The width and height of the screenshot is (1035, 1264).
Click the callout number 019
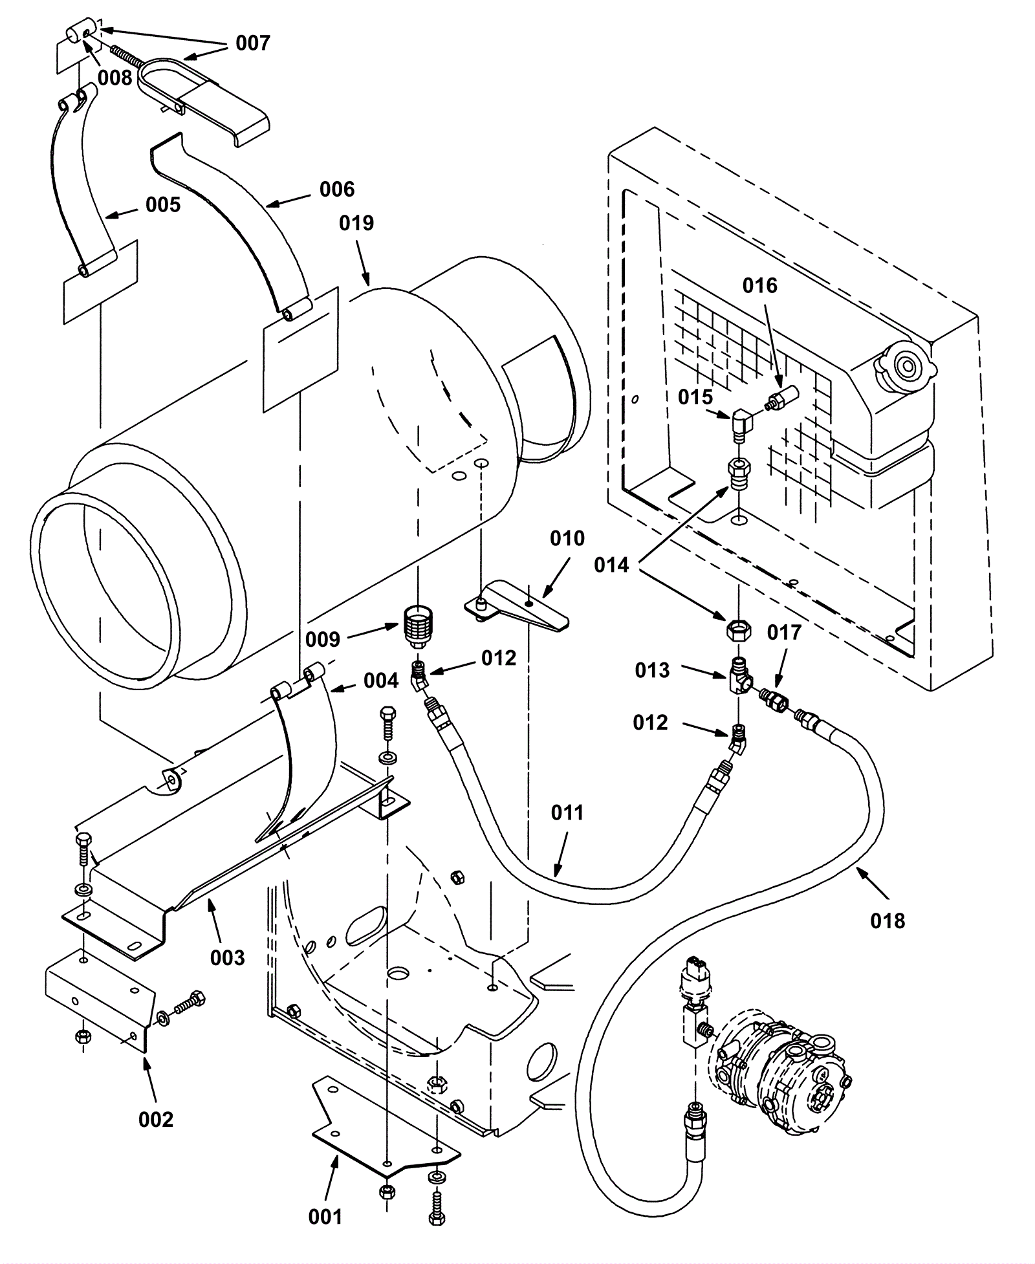356,223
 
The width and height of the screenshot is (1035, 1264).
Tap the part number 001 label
325,1217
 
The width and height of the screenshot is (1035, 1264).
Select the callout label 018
888,921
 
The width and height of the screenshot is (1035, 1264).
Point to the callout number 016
759,285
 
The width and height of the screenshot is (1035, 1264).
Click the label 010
567,538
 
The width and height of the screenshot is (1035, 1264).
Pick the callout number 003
227,957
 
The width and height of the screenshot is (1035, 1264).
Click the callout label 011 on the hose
567,812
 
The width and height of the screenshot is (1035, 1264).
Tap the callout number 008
114,78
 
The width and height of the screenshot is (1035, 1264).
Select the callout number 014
611,565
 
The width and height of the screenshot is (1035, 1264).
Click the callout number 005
163,205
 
